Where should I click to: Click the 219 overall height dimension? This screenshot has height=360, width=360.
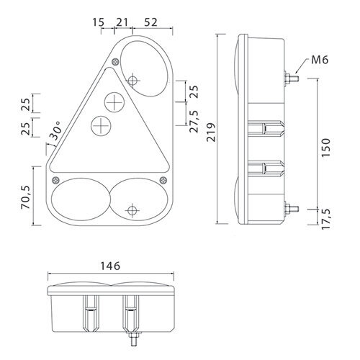tap(212, 132)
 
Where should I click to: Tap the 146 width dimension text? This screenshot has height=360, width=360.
tap(110, 266)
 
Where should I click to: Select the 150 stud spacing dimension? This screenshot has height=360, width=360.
tap(326, 148)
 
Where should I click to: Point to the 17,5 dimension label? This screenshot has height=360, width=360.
tap(326, 219)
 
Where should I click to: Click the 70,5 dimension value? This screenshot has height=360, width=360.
tap(26, 197)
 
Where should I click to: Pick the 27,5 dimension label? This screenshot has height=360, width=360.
tap(194, 122)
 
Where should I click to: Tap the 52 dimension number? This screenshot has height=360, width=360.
tap(150, 22)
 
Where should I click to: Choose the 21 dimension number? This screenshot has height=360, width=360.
tap(122, 22)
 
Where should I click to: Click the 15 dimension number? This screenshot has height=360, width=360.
tap(99, 22)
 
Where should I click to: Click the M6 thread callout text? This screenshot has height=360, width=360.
tap(320, 60)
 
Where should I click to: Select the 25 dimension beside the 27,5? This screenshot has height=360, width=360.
tap(194, 91)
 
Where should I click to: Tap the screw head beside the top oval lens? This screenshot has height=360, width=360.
tap(116, 62)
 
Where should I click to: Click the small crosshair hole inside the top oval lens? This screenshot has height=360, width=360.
tap(132, 80)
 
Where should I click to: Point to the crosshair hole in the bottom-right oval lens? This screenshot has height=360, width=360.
tap(132, 210)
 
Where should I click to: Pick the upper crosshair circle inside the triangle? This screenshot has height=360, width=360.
tap(114, 102)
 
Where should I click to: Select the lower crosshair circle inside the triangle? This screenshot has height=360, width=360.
tap(101, 126)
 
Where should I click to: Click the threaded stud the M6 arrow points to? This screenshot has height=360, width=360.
tap(292, 78)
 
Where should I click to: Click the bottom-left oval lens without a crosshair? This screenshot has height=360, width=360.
tap(81, 199)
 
